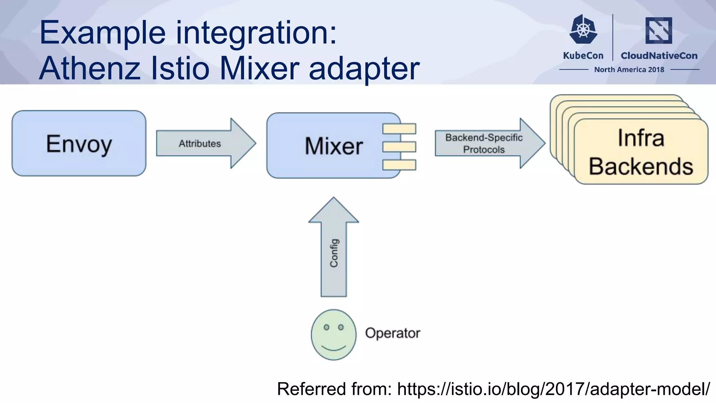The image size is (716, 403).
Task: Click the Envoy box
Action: [x=79, y=143]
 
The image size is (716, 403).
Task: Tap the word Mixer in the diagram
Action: [x=334, y=146]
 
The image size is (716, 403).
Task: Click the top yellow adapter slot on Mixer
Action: [x=399, y=129]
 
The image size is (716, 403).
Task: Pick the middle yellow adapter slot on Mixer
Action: [x=399, y=147]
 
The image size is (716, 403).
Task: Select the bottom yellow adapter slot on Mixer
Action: [x=399, y=165]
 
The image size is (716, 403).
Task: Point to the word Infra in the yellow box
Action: [x=640, y=138]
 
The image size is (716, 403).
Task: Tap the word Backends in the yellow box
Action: [x=641, y=167]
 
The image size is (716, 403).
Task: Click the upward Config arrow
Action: [x=334, y=252]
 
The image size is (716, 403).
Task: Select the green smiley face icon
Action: [x=334, y=335]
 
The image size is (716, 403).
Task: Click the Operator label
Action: [x=392, y=333]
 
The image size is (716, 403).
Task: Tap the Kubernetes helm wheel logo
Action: [x=583, y=29]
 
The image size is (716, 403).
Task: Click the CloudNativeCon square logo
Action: [x=659, y=30]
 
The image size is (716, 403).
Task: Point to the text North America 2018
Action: [x=629, y=70]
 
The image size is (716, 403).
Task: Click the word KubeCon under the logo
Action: [x=583, y=56]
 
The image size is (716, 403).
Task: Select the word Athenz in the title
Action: [x=89, y=68]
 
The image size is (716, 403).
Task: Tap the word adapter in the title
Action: [x=364, y=69]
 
